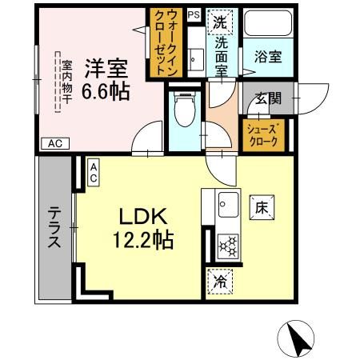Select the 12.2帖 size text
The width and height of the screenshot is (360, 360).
click(144, 238)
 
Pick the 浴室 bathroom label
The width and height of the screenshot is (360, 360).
click(266, 58)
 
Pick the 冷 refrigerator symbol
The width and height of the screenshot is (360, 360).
click(218, 281)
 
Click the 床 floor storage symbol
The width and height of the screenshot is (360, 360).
click(261, 207)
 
